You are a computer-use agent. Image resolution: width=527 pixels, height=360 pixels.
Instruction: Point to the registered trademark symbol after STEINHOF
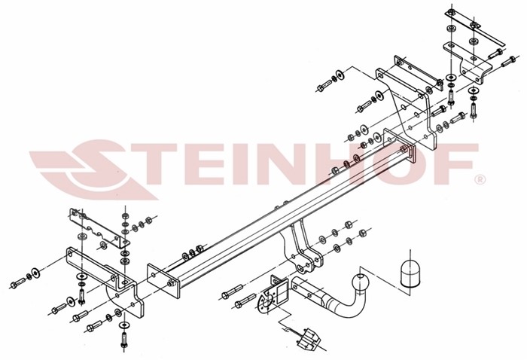480,179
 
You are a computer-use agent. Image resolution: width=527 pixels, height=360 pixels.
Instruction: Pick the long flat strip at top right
475,28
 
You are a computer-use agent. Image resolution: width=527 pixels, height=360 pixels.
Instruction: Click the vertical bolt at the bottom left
123,340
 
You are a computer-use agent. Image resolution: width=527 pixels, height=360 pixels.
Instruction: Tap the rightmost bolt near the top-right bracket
508,61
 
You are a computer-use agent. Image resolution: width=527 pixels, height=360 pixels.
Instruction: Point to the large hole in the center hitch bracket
300,267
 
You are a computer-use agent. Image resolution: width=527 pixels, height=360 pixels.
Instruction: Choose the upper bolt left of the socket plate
232,291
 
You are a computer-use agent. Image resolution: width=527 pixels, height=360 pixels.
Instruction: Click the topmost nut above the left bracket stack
126,216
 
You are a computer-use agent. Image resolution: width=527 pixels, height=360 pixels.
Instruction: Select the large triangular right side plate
406,108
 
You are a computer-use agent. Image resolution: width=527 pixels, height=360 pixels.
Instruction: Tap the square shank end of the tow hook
303,289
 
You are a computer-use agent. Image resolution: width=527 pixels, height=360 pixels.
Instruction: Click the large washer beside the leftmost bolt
35,273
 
